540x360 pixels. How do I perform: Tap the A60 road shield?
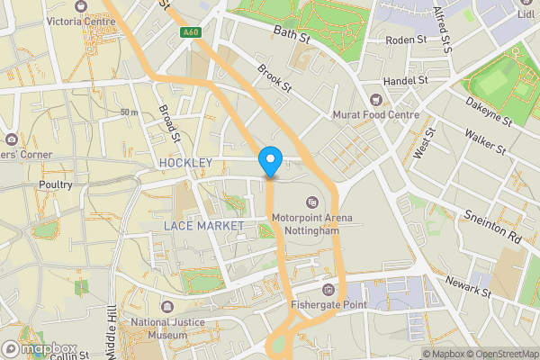click(189, 33)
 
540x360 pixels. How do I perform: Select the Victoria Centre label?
click(86, 20)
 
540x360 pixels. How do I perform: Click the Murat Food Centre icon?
click(376, 98)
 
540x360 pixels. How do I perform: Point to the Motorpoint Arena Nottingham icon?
click(312, 202)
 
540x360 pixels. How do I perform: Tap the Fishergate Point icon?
click(328, 290)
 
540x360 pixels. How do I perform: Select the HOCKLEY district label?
click(185, 163)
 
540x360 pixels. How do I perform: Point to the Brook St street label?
click(274, 77)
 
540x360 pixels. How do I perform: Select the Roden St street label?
click(406, 40)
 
